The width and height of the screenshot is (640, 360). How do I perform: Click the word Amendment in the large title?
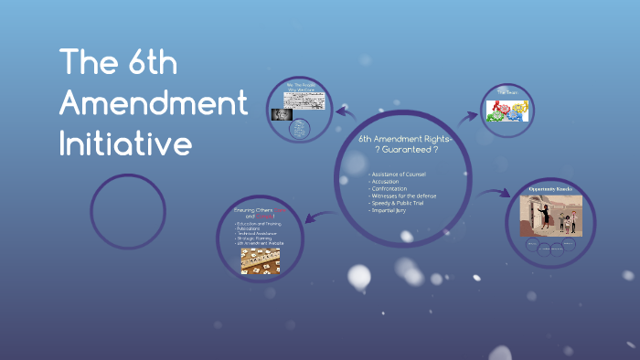click(x=153, y=102)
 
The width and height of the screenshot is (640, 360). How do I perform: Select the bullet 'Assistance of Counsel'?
click(x=398, y=174)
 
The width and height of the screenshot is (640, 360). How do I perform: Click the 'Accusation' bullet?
click(x=385, y=181)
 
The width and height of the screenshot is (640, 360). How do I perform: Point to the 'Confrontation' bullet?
click(x=389, y=189)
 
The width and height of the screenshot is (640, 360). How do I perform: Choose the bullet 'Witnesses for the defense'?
click(x=403, y=196)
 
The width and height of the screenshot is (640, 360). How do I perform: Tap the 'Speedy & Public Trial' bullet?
click(x=398, y=204)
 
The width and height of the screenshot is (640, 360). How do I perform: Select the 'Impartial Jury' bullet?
click(x=387, y=211)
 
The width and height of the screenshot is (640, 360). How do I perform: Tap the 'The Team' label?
click(x=508, y=93)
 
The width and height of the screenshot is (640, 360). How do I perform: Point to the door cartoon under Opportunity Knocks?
click(x=549, y=217)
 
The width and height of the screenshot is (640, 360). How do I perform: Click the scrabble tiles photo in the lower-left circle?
click(x=261, y=261)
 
